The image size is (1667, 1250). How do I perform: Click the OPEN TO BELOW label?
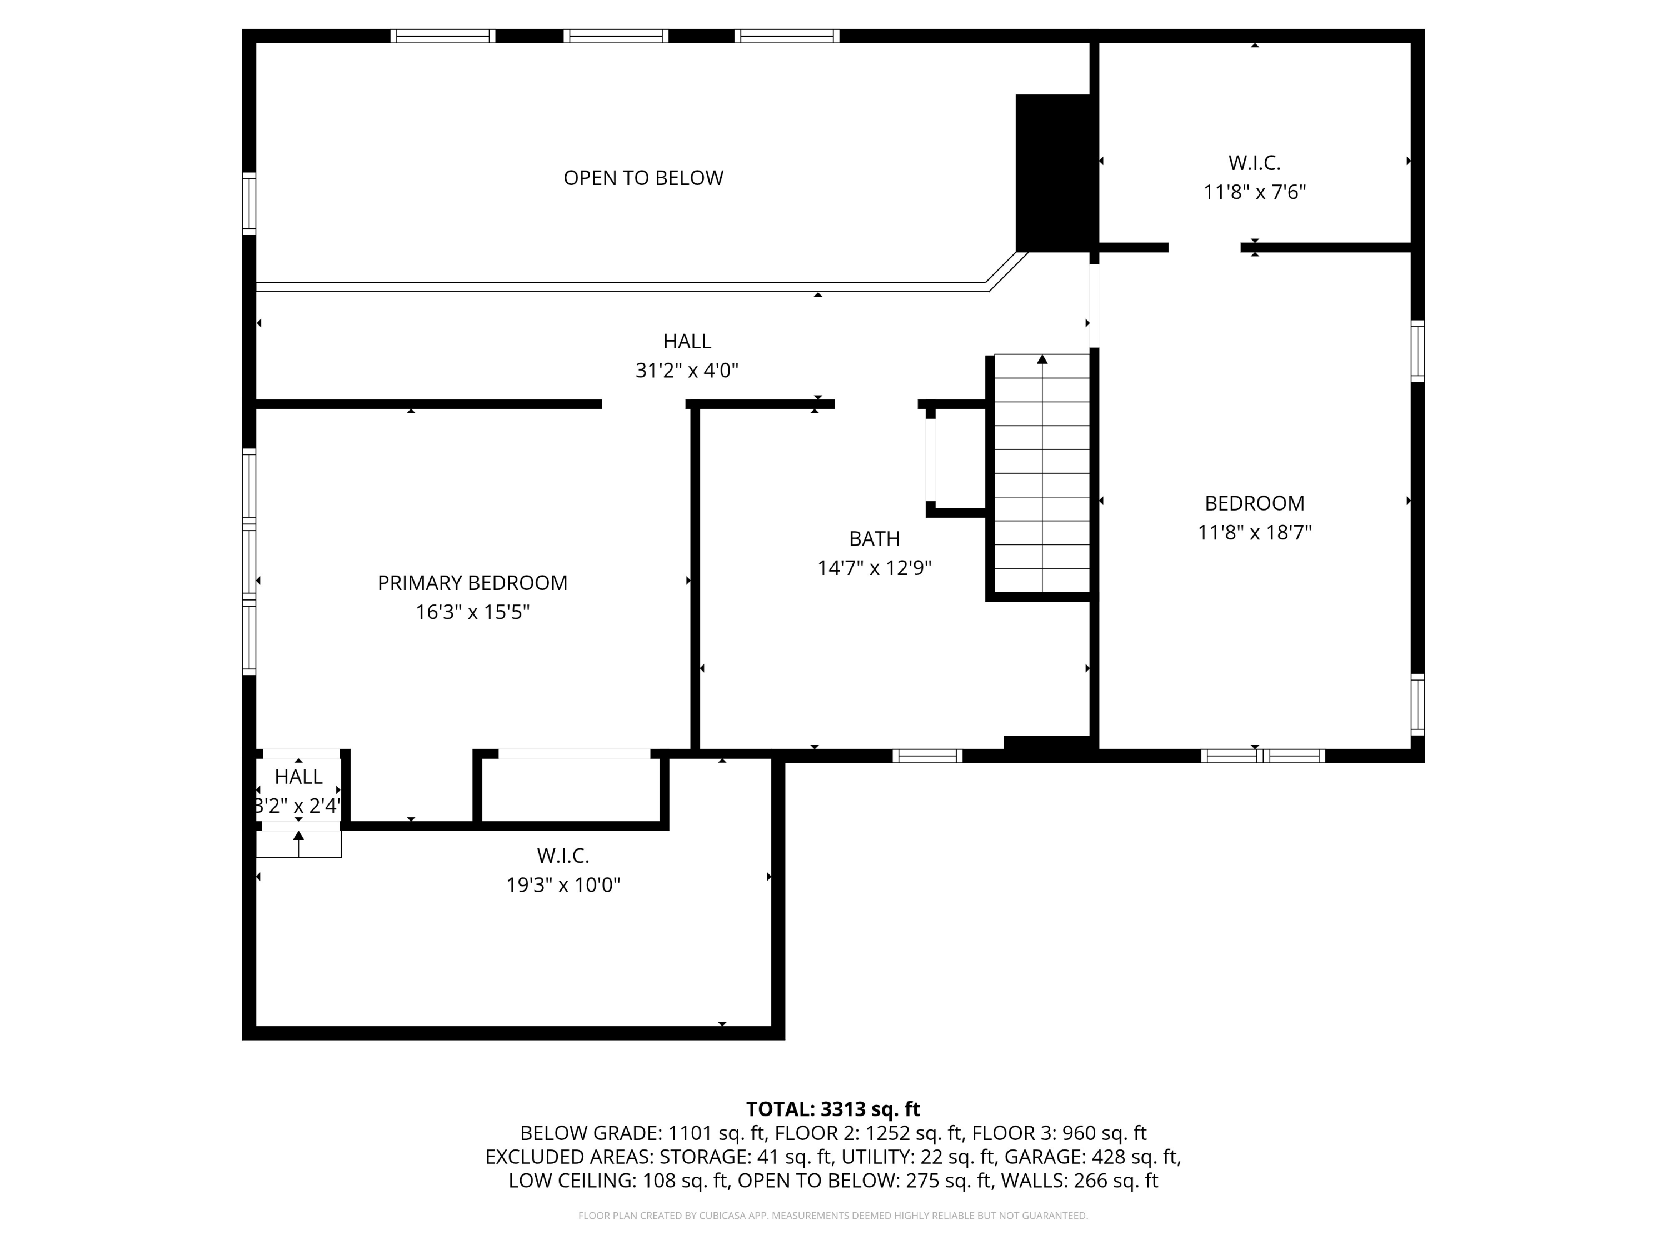pos(643,178)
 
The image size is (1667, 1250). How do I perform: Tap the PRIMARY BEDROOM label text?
pos(472,582)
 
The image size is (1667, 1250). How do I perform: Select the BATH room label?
pos(874,539)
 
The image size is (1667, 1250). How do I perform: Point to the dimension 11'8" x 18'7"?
pos(1255,533)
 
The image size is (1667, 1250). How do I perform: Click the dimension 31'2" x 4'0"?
pos(687,371)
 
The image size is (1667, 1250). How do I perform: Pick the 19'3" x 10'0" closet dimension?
pos(563,884)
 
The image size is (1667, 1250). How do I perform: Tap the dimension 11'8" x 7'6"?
pos(1255,192)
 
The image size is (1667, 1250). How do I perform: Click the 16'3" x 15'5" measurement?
pos(472,612)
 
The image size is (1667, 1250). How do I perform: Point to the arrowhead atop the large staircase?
pos(1042,359)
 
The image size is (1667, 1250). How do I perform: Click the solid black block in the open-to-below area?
pos(1054,173)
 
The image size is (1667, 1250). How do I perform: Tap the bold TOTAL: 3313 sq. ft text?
pos(833,1109)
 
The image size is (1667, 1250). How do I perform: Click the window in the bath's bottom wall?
pos(928,756)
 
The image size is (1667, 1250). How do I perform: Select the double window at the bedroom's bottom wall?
pos(1263,756)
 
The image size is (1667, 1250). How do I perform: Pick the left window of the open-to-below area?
pos(249,203)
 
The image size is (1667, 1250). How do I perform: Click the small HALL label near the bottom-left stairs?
pos(298,777)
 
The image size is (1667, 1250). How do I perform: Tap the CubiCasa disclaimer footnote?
pos(833,1216)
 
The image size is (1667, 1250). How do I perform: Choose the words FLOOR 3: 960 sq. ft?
pos(1059,1133)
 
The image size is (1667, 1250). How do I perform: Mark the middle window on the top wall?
pos(616,36)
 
